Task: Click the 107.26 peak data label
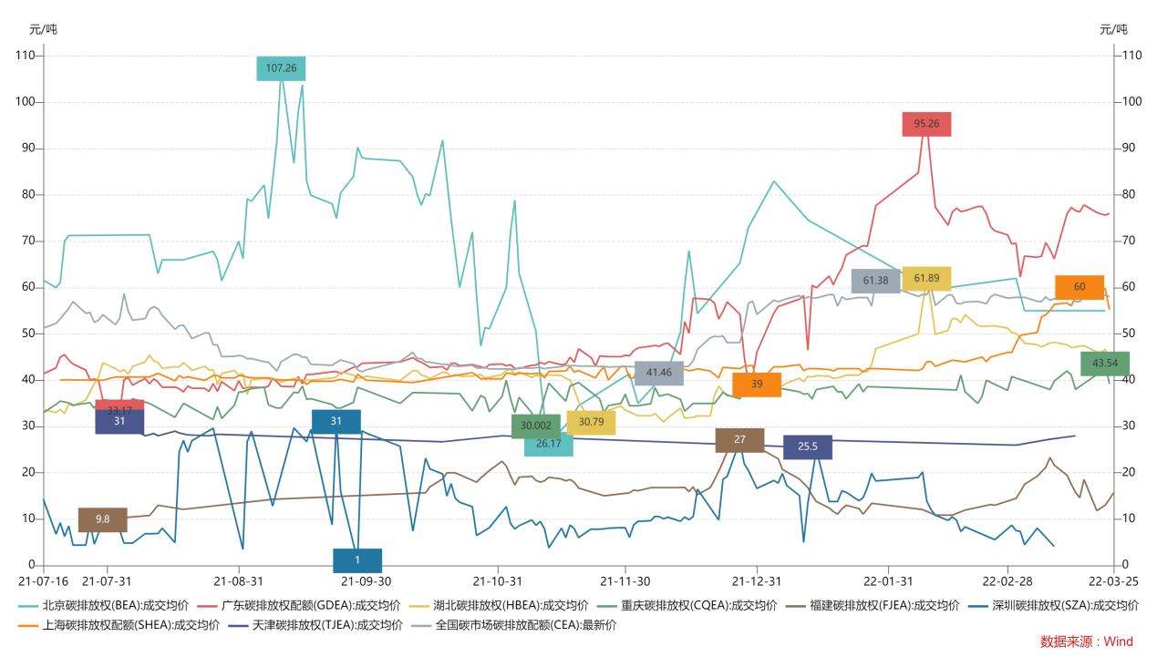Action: (x=281, y=68)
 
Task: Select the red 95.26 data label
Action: (x=926, y=124)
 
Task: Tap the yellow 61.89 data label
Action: (x=926, y=279)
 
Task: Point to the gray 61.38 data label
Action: (x=875, y=281)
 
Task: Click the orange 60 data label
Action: (x=1080, y=287)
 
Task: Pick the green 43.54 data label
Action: (x=1105, y=364)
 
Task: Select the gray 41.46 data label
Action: (x=659, y=373)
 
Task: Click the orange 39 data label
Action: (x=757, y=385)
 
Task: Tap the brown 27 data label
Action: (x=739, y=440)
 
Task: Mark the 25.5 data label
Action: (x=808, y=447)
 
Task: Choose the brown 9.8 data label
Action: (x=102, y=519)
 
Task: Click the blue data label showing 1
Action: (x=357, y=560)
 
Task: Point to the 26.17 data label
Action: (x=549, y=445)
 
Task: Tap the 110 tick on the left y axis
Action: (x=26, y=56)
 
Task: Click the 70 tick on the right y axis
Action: (x=1131, y=241)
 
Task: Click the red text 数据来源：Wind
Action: (x=1087, y=642)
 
